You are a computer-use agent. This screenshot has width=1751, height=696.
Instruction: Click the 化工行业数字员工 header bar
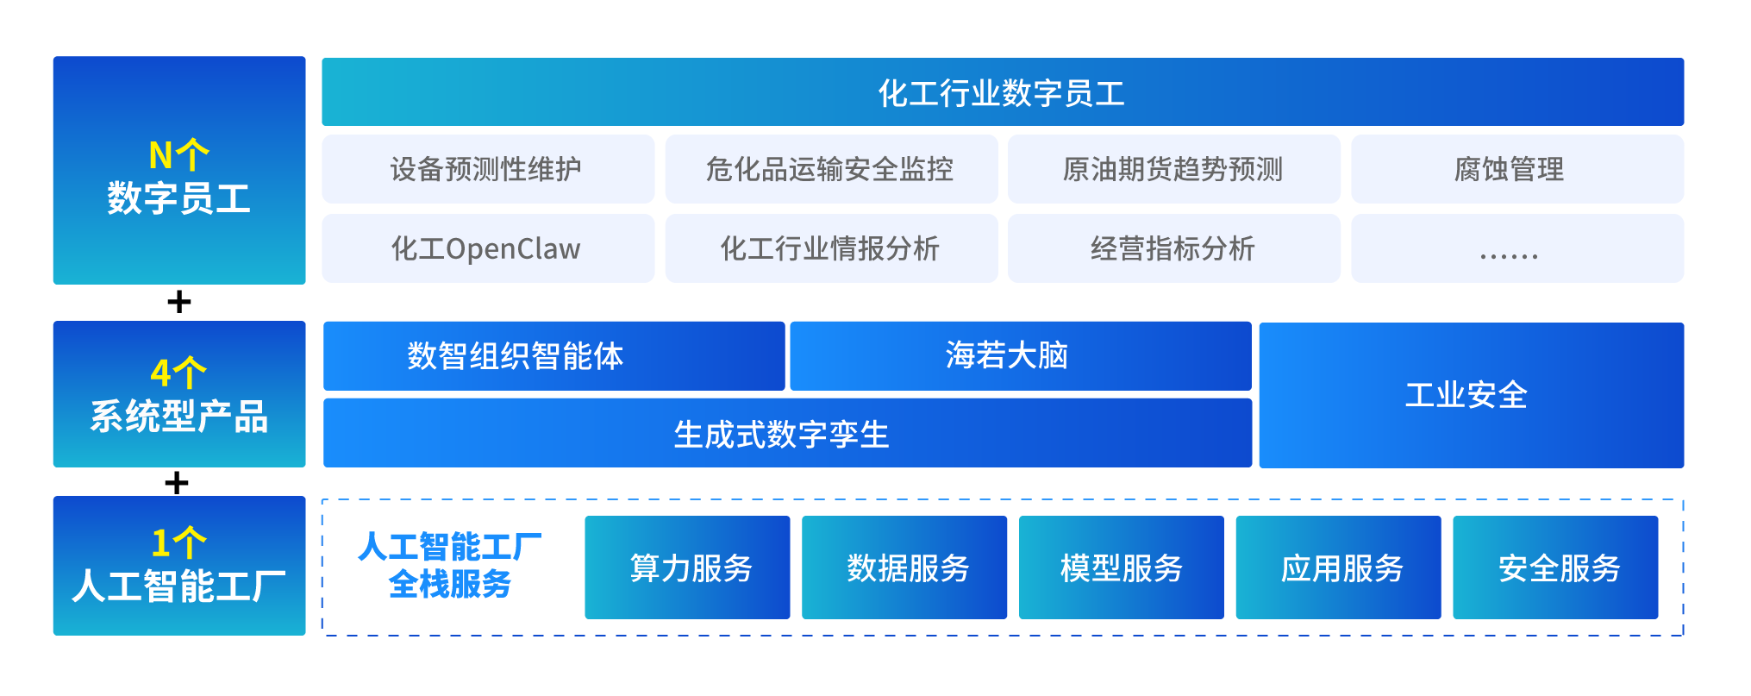coord(1002,92)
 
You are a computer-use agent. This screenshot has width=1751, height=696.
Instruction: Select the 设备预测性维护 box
coord(488,169)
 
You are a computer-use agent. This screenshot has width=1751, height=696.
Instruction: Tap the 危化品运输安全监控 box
coord(830,169)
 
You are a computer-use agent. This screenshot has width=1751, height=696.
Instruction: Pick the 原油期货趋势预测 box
coord(1173,169)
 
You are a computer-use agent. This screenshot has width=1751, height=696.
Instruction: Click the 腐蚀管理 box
coord(1516,169)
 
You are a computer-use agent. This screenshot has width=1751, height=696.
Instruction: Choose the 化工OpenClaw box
coord(488,248)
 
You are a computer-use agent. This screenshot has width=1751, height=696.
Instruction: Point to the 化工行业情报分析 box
coord(830,248)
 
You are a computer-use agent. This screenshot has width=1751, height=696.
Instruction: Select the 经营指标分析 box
coord(1173,248)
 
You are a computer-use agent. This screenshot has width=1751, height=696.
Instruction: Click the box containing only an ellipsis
coord(1516,248)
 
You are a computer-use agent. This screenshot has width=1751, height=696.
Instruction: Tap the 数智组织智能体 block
coord(553,355)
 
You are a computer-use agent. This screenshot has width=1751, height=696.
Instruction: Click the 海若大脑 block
coord(1020,355)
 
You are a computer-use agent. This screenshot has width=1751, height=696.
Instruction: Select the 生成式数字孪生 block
coord(786,433)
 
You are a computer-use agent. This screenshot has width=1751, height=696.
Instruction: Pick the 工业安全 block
coord(1471,395)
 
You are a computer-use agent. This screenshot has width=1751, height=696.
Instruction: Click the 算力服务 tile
coord(687,567)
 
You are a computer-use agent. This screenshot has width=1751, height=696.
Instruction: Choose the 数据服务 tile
coord(904,567)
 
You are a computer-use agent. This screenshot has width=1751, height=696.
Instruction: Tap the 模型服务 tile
coord(1121,567)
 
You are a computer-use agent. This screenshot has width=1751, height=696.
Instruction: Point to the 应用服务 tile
coord(1338,567)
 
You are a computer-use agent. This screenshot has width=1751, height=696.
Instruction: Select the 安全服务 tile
coord(1555,567)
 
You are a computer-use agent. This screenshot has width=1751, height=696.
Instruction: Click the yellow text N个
coord(178,156)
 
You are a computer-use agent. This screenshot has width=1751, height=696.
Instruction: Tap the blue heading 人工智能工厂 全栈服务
coord(450,566)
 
